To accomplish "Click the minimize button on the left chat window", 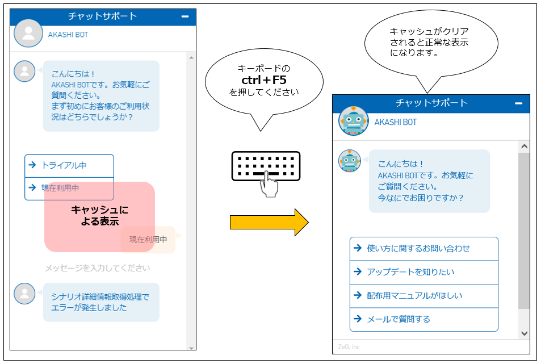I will [185, 17].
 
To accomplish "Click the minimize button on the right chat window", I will [518, 103].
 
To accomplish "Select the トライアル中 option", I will [69, 166].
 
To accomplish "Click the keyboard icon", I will [266, 166].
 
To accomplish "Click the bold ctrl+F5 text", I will [264, 80].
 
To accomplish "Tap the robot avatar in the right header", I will [353, 121].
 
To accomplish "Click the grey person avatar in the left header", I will [28, 34].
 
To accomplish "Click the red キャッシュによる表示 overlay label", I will [99, 216].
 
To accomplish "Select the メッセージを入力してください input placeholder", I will [98, 268].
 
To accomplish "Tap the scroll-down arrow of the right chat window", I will [524, 333].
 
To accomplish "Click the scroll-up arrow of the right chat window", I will [524, 147].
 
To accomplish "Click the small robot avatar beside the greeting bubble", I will [350, 161].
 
